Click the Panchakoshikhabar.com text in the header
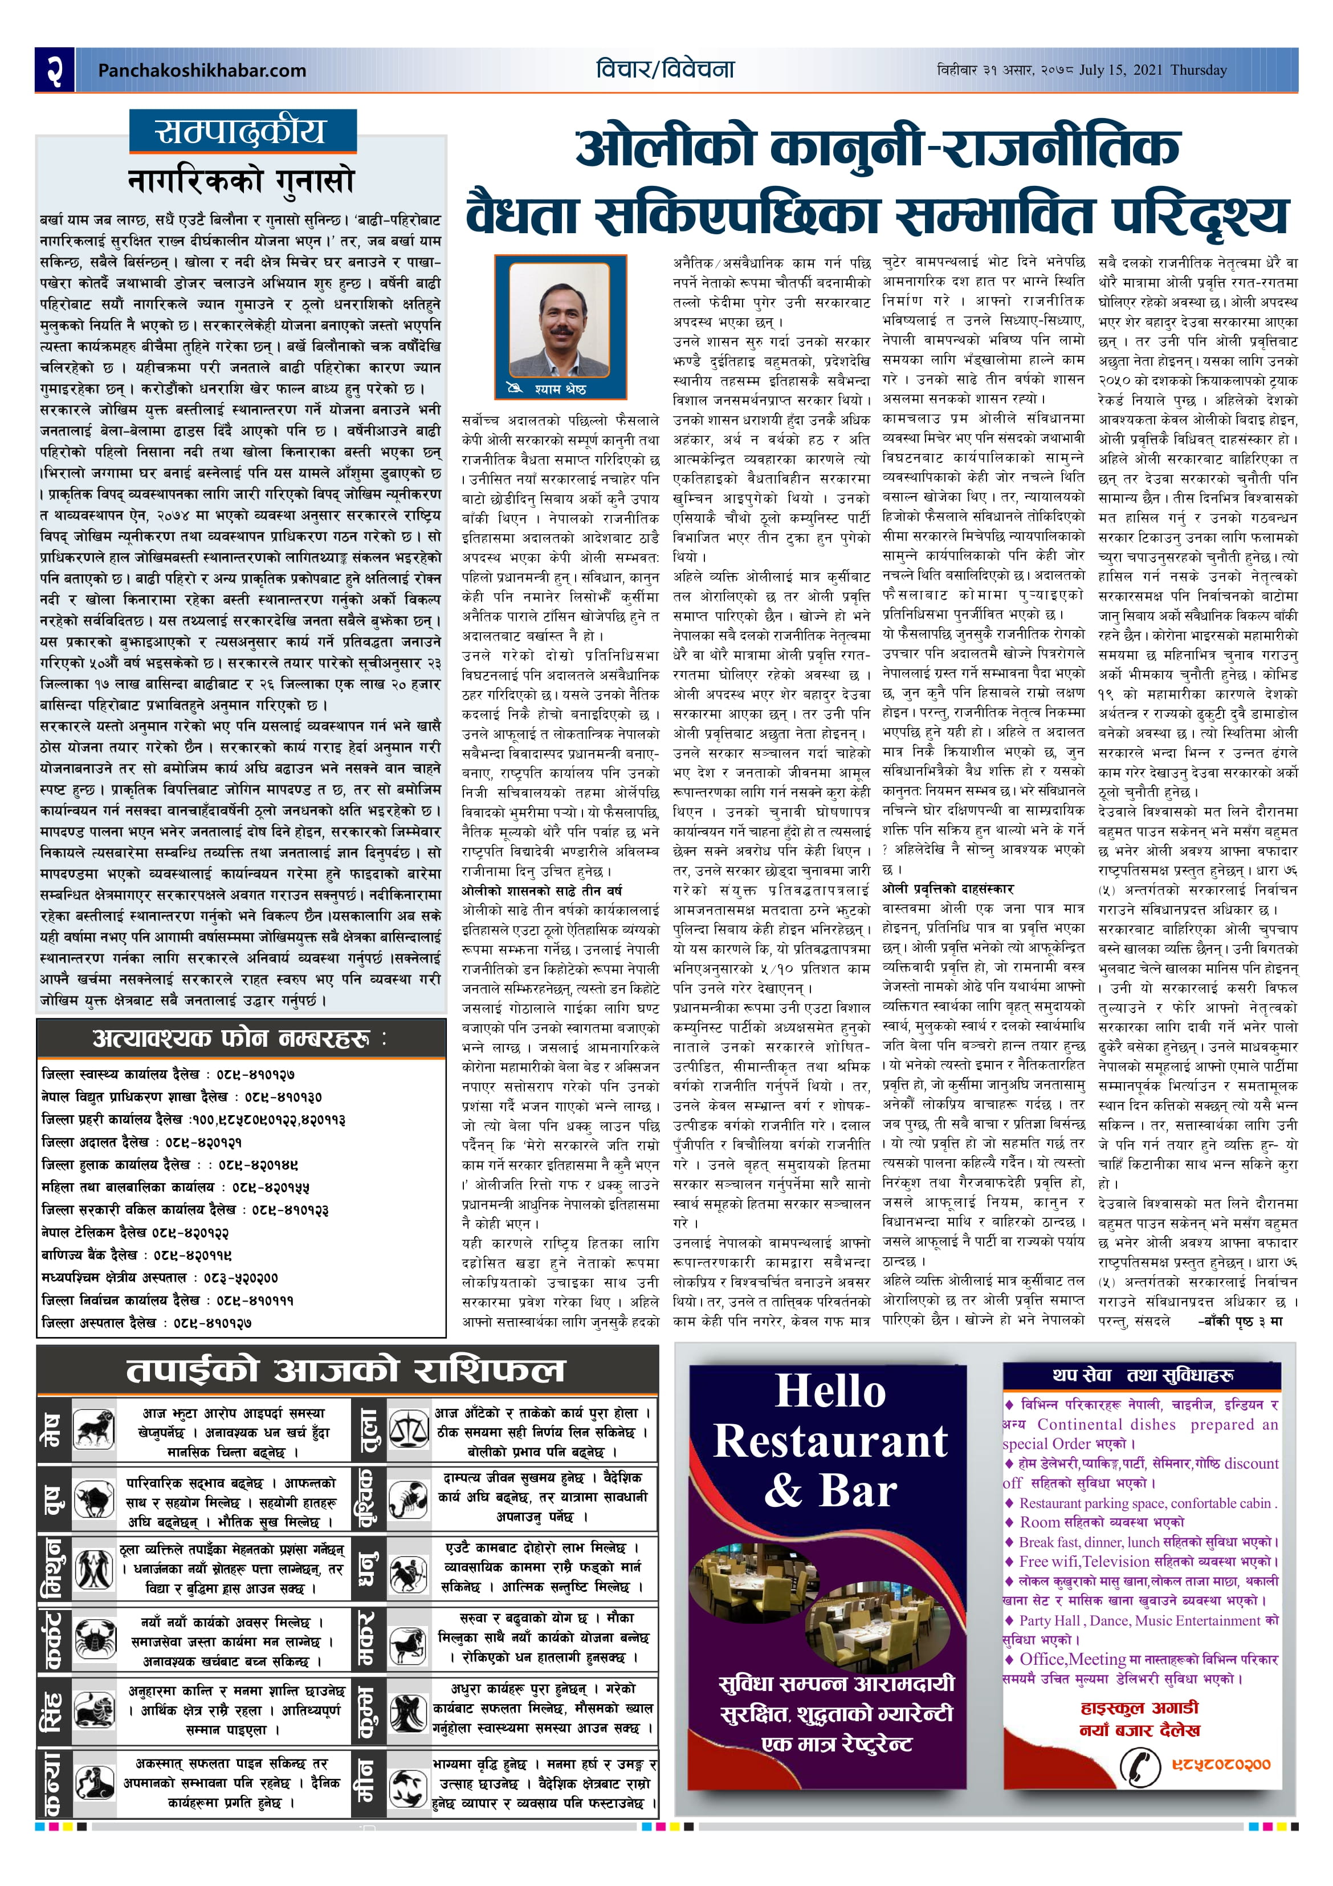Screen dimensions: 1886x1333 click(x=201, y=71)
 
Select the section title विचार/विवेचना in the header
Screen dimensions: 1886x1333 click(x=665, y=70)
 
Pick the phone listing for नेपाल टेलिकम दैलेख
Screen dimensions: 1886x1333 click(x=136, y=1232)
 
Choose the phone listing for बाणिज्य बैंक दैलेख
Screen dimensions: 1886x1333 click(x=136, y=1254)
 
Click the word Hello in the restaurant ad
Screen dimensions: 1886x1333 click(x=830, y=1392)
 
